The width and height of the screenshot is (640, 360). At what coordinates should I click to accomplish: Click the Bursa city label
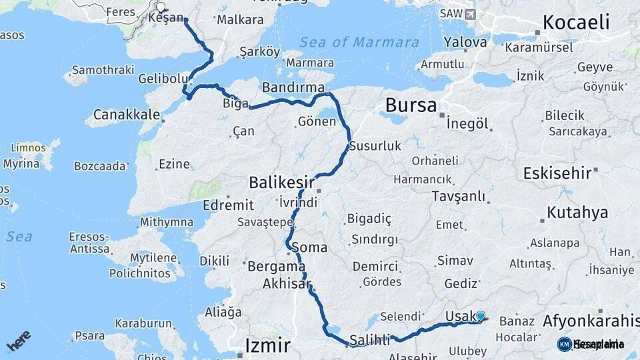point(411,105)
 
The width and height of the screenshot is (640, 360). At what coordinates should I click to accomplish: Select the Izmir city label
point(268,345)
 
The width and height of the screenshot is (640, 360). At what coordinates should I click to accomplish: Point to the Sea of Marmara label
point(350,43)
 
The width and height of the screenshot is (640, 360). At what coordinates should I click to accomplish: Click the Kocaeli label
point(576,22)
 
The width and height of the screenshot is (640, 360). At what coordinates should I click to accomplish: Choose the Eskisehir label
point(557,173)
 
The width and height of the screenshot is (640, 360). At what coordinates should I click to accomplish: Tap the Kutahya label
point(577,213)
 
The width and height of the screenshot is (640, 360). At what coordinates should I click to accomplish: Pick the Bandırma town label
point(293,87)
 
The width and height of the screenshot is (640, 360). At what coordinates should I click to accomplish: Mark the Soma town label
point(309,247)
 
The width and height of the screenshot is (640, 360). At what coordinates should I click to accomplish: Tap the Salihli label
point(369,341)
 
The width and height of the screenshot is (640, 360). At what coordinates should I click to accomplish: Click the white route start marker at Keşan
point(161,8)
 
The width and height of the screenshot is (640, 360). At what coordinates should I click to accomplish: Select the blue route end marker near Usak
point(481,316)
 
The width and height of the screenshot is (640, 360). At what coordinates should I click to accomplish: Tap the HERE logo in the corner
point(19,341)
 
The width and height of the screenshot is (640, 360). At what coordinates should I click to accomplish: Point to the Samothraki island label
point(103,69)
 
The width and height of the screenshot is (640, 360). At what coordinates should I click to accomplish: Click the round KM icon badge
point(564,344)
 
